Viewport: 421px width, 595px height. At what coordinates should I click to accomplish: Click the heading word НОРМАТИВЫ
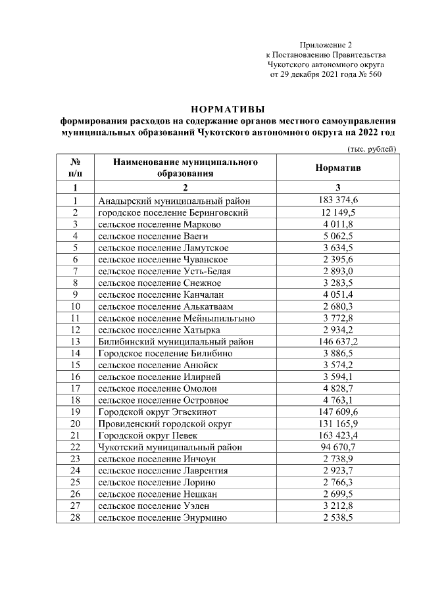tap(227, 108)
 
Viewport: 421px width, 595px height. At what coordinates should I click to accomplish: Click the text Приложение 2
tap(326, 44)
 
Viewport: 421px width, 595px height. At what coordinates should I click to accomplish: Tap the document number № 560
tap(368, 74)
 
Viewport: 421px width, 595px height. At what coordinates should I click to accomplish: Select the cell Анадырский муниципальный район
tap(174, 201)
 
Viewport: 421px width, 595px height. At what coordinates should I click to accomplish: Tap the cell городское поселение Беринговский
tap(173, 213)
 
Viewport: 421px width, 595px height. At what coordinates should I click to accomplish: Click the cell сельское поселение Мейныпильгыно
tap(176, 318)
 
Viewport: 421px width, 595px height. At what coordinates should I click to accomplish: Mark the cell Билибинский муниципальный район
tap(176, 342)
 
